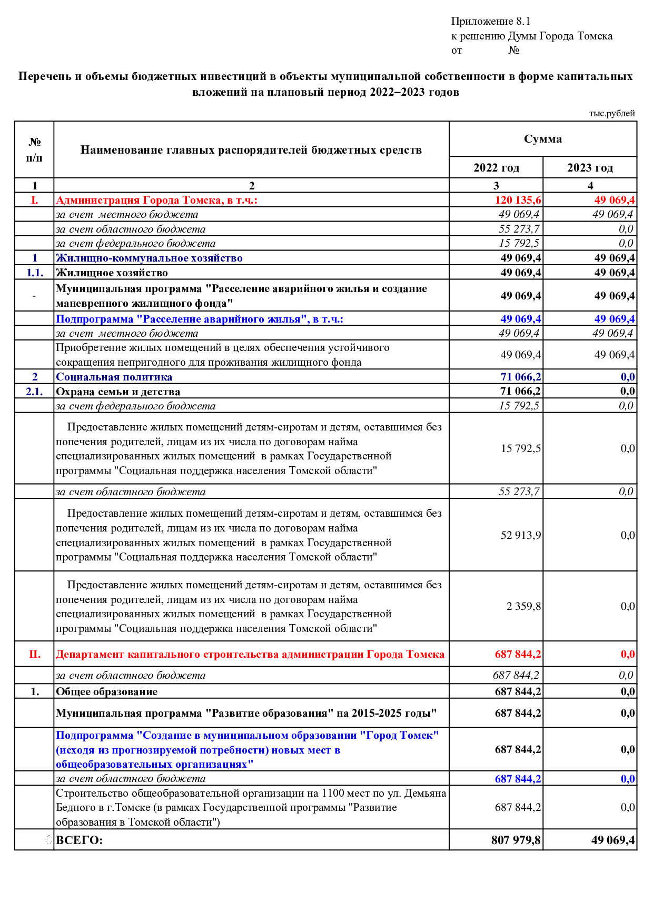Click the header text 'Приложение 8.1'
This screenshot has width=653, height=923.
(x=490, y=22)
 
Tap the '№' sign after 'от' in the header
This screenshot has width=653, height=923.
(x=513, y=51)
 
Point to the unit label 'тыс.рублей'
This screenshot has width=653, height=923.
(x=611, y=114)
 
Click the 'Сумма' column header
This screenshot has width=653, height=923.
(x=542, y=139)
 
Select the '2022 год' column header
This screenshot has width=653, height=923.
(x=496, y=168)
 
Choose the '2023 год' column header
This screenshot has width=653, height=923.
(x=590, y=168)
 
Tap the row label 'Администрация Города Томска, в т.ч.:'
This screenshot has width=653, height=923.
(x=156, y=200)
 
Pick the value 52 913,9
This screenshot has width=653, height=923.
(x=520, y=535)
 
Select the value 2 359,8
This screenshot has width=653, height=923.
(x=523, y=606)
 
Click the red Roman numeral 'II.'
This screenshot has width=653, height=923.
(x=35, y=654)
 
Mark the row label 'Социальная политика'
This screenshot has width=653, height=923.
(x=114, y=377)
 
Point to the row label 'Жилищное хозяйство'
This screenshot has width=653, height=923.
(x=112, y=273)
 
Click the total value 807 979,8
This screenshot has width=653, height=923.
(x=516, y=840)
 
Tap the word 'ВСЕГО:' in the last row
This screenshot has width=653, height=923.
(x=80, y=840)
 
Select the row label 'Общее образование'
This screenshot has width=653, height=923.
(x=107, y=691)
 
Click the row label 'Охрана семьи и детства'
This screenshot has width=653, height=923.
(x=118, y=392)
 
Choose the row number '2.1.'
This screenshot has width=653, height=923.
(x=35, y=392)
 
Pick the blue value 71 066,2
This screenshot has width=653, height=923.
(x=520, y=377)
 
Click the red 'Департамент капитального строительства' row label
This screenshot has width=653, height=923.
(x=250, y=654)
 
